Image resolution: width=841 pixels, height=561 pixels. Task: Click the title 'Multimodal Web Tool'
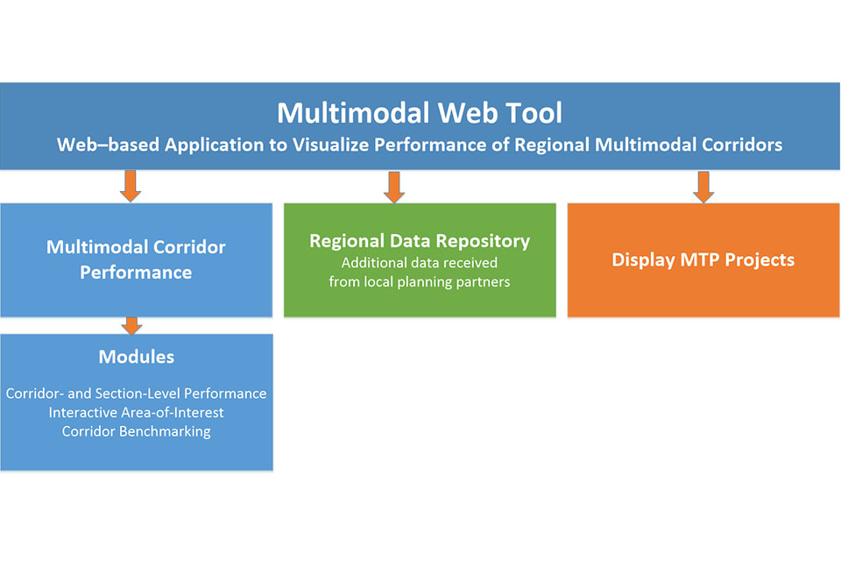click(420, 113)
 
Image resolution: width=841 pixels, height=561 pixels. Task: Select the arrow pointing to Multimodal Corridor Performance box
click(131, 186)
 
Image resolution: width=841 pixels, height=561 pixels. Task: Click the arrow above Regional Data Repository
click(393, 186)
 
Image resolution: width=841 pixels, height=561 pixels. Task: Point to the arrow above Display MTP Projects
click(703, 186)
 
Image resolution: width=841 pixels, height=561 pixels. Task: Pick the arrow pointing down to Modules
click(131, 325)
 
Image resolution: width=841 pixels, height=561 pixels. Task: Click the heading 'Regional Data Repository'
click(420, 241)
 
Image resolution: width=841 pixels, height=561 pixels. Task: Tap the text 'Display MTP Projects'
click(703, 260)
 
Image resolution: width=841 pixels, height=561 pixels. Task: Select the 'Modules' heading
click(136, 357)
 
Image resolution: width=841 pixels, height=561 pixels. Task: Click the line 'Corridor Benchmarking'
click(136, 431)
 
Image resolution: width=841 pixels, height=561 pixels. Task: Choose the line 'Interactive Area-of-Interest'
click(136, 412)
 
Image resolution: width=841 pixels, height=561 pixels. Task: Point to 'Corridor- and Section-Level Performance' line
click(136, 394)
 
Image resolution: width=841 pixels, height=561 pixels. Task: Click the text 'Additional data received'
click(420, 263)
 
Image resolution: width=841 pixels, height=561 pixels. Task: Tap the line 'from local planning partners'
click(420, 282)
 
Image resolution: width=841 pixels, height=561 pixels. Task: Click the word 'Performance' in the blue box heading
click(136, 273)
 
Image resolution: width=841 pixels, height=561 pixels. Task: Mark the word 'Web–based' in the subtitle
click(97, 146)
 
